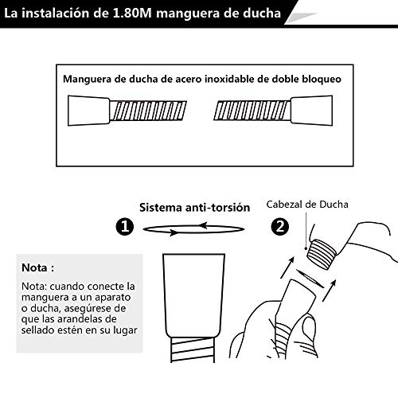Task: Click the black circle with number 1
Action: pos(124,228)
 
